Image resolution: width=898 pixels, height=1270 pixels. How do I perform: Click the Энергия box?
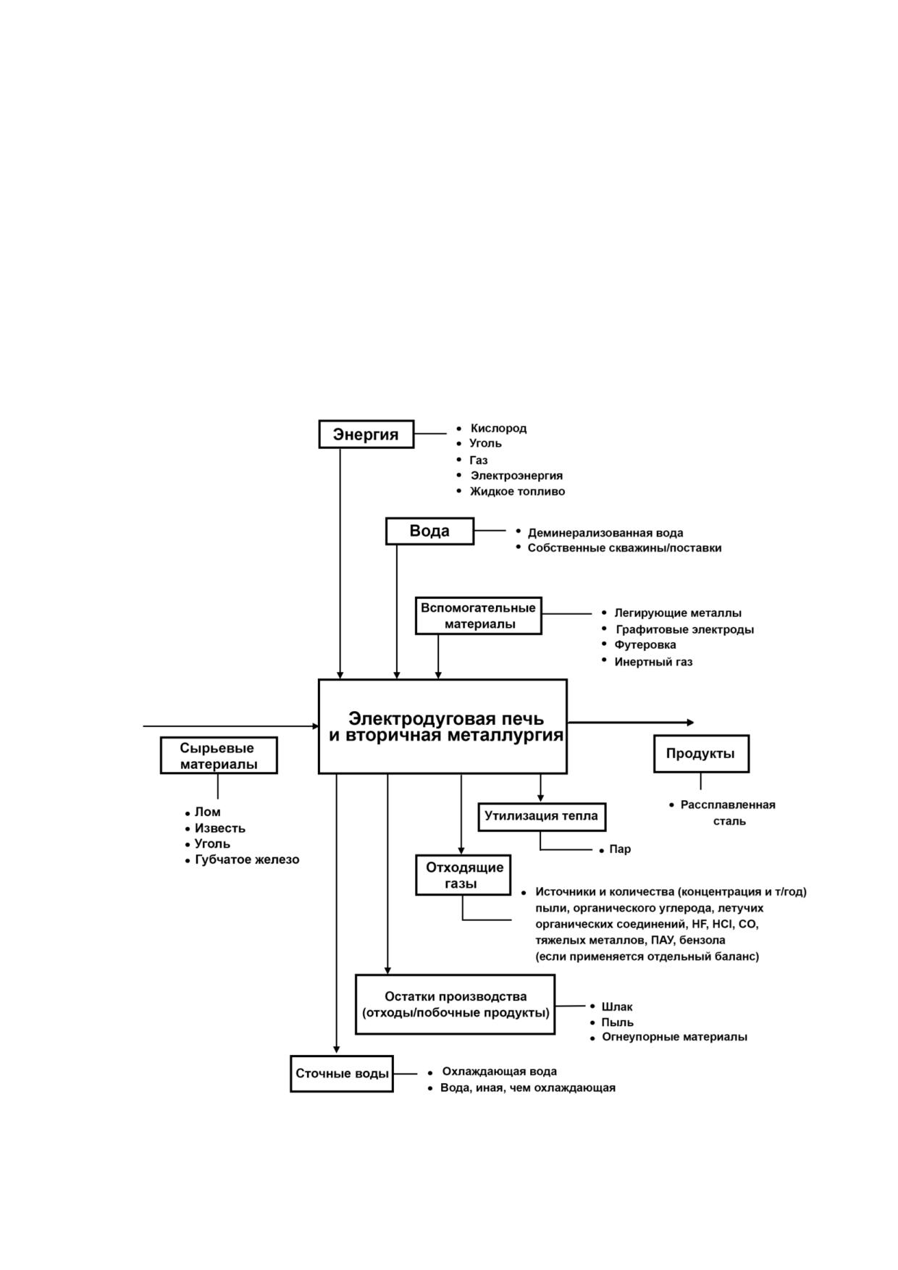pyautogui.click(x=366, y=434)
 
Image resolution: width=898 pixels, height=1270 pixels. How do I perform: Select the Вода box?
pyautogui.click(x=429, y=531)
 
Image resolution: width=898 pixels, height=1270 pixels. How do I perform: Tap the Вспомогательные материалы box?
pyautogui.click(x=479, y=615)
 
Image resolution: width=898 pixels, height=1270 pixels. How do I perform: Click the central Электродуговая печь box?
pyautogui.click(x=442, y=726)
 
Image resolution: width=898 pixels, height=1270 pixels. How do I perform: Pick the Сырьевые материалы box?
pyautogui.click(x=219, y=755)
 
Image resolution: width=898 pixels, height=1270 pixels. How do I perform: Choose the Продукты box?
pyautogui.click(x=701, y=754)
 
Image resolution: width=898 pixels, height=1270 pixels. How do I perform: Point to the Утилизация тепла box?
pyautogui.click(x=542, y=816)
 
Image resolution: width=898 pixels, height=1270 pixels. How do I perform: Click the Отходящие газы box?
pyautogui.click(x=464, y=875)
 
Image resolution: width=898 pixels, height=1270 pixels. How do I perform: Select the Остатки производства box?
pyautogui.click(x=456, y=1004)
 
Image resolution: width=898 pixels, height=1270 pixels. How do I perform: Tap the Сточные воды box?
pyautogui.click(x=342, y=1074)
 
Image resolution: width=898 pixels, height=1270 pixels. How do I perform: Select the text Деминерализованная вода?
pyautogui.click(x=605, y=533)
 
